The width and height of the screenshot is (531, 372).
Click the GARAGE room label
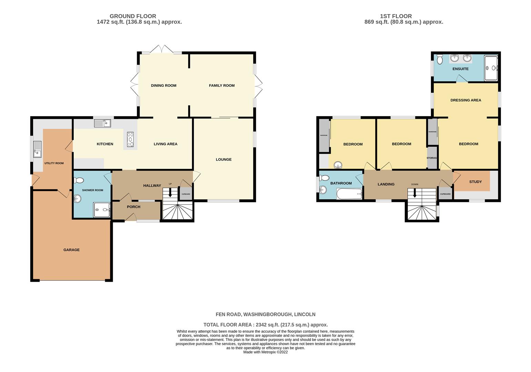click(x=71, y=250)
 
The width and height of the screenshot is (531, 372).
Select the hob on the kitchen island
click(x=130, y=139)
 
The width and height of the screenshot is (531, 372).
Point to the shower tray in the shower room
click(x=102, y=210)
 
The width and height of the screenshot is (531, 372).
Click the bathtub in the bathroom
click(x=349, y=194)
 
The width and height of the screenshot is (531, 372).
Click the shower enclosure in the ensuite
click(x=491, y=68)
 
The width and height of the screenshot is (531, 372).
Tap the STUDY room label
click(x=475, y=182)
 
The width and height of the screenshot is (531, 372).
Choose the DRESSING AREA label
click(x=465, y=100)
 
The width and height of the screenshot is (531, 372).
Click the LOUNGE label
click(x=223, y=159)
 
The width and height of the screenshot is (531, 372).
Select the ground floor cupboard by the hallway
click(x=186, y=193)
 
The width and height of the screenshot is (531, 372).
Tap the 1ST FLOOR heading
click(x=395, y=16)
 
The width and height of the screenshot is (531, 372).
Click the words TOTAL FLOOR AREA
click(x=227, y=324)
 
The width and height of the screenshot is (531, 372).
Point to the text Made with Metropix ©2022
click(x=265, y=352)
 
